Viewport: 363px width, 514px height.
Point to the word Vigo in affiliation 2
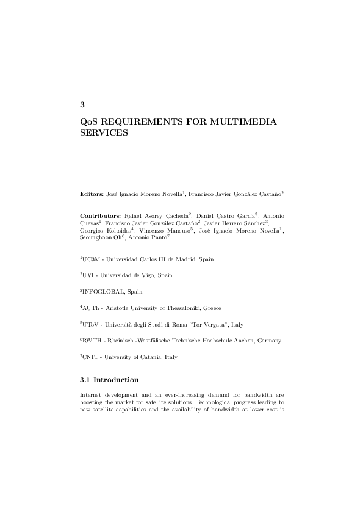pyautogui.click(x=148, y=275)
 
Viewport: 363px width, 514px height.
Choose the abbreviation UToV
pyautogui.click(x=92, y=324)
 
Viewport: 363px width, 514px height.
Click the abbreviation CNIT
pyautogui.click(x=92, y=357)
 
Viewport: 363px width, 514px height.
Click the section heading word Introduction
pyautogui.click(x=116, y=380)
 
